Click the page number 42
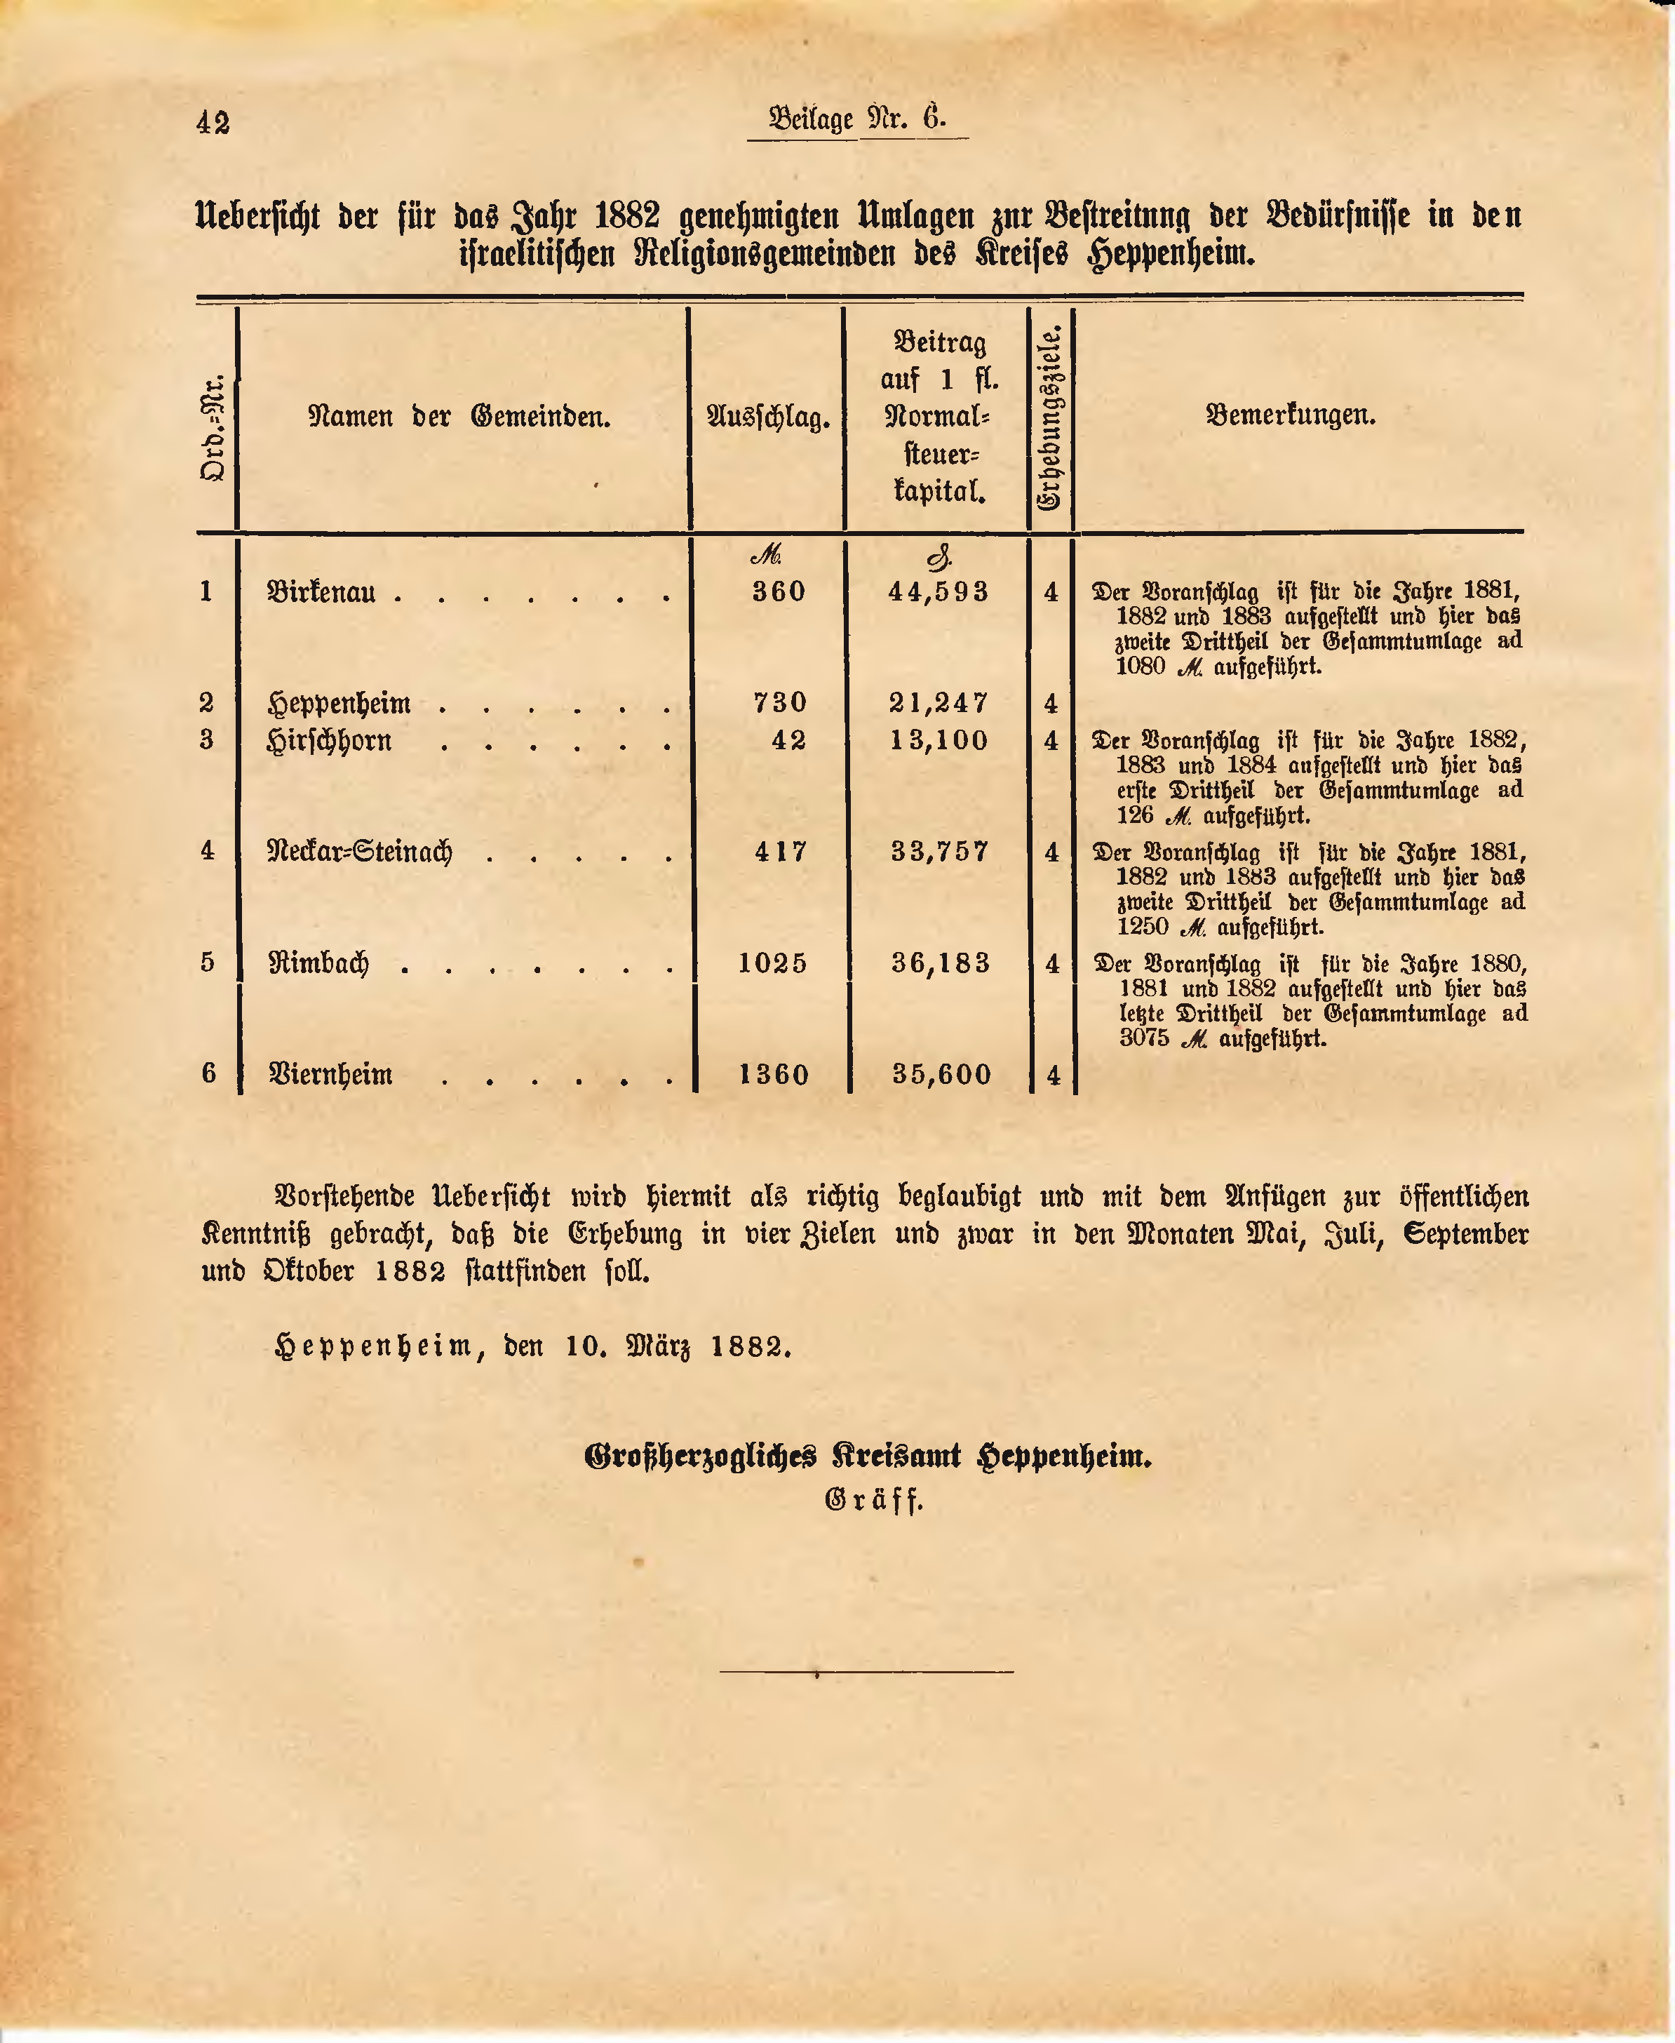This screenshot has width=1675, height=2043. click(x=213, y=123)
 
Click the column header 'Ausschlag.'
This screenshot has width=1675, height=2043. click(x=768, y=418)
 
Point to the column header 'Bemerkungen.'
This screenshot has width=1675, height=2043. click(x=1291, y=416)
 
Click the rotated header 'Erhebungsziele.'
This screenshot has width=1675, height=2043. click(x=1050, y=418)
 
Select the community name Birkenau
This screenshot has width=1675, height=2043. click(x=321, y=591)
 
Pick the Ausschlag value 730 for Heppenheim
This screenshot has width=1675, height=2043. click(x=779, y=702)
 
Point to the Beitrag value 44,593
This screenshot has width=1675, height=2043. click(x=939, y=591)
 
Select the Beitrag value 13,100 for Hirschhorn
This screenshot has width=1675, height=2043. click(x=939, y=740)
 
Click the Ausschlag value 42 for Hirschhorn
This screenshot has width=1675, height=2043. click(x=788, y=740)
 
